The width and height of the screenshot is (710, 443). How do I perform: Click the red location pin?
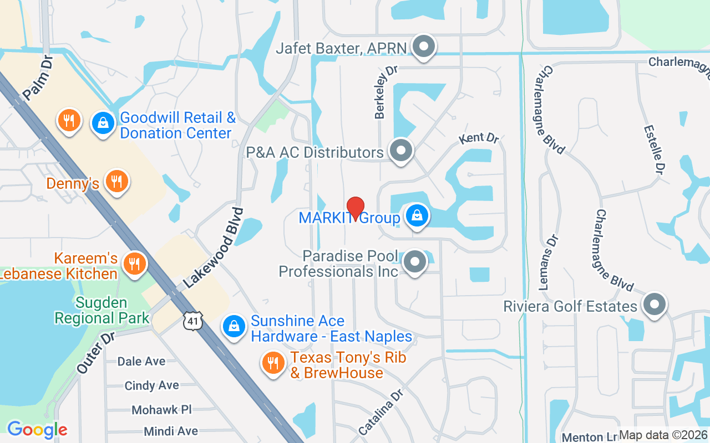(355, 208)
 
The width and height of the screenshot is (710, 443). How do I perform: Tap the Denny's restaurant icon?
(116, 182)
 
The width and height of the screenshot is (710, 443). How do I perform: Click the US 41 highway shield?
(195, 320)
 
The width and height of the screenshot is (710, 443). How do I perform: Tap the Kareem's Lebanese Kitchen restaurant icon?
(134, 264)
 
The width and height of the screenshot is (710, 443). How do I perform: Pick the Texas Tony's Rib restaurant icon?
(272, 363)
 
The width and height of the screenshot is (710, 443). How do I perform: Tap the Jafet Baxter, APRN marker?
(424, 47)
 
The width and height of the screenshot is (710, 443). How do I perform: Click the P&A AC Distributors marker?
(400, 150)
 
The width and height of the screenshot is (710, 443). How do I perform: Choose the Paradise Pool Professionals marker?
(414, 262)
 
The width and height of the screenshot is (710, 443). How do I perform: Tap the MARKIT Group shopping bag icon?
(417, 216)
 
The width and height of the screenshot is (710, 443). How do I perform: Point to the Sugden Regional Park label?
(102, 311)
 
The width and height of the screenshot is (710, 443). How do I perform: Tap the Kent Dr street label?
(479, 138)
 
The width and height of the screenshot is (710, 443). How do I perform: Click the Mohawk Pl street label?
(161, 410)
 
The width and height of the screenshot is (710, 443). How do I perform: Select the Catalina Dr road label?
(380, 411)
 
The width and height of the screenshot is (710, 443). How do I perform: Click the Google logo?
(37, 430)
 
